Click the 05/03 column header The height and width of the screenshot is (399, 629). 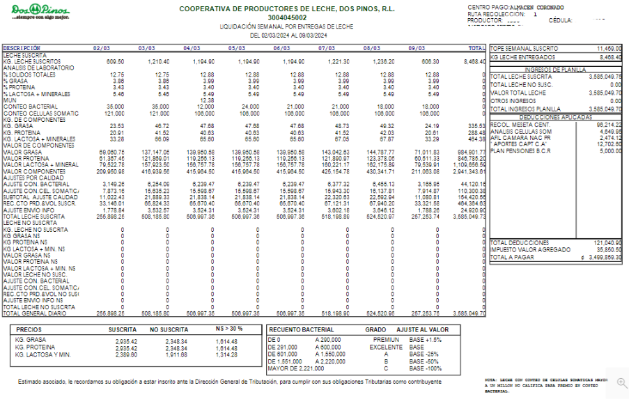coord(236,48)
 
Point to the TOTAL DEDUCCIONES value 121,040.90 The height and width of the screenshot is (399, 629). coord(607,242)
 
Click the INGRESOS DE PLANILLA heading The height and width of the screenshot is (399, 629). coord(555,70)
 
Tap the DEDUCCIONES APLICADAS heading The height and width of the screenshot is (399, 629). coord(555,118)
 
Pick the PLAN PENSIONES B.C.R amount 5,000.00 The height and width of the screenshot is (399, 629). coord(609,150)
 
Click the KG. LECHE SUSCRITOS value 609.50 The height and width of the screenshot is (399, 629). coord(115,62)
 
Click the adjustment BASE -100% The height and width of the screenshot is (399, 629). coord(427,368)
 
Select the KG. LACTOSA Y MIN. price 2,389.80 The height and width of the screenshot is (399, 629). coord(126,354)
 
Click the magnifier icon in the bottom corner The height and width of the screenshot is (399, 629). coord(621,384)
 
